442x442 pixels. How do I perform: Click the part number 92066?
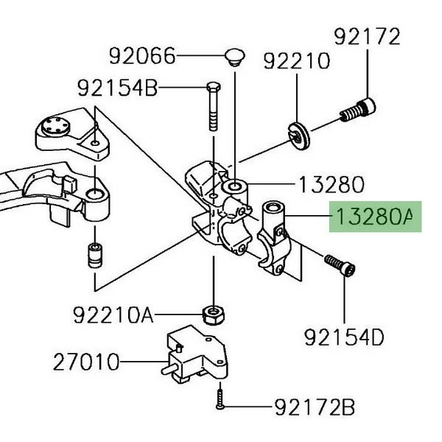pyautogui.click(x=143, y=55)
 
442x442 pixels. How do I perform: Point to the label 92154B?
pyautogui.click(x=117, y=89)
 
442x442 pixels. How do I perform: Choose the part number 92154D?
pyautogui.click(x=344, y=337)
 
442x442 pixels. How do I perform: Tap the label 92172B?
pyautogui.click(x=315, y=406)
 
